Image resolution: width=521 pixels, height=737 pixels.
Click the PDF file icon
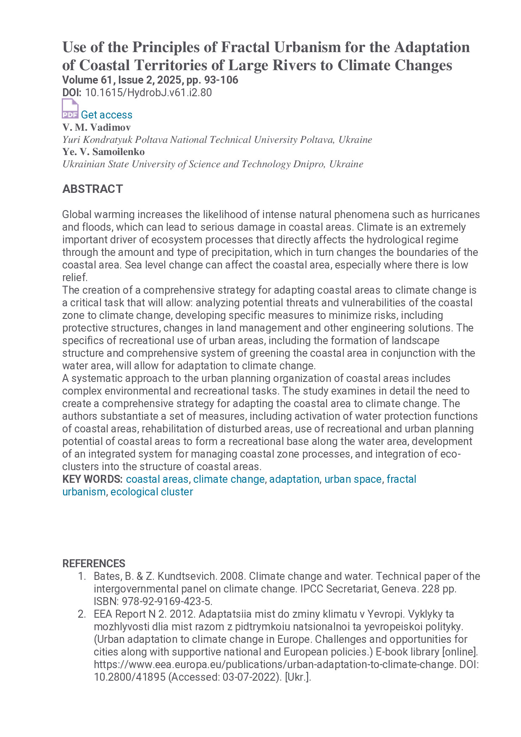[x=70, y=109]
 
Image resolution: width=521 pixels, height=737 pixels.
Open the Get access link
[x=106, y=115]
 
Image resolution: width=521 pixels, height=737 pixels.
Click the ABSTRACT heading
[x=92, y=189]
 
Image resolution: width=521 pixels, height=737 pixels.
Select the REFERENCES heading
[x=94, y=563]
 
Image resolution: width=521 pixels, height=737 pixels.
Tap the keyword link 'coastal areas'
[x=157, y=479]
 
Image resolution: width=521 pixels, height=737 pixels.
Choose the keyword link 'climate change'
[x=229, y=479]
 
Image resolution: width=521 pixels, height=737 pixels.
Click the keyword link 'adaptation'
[x=294, y=479]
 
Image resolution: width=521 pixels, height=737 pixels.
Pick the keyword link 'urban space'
[x=353, y=479]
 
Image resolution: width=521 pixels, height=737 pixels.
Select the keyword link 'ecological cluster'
[x=152, y=492]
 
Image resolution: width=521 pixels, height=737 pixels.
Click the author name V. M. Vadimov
[x=97, y=127]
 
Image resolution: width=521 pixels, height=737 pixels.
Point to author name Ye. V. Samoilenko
[x=103, y=152]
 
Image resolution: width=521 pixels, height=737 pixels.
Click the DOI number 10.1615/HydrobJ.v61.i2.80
[x=148, y=93]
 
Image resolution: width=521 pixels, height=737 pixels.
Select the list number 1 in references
[x=82, y=576]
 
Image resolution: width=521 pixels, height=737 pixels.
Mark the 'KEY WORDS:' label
[x=92, y=479]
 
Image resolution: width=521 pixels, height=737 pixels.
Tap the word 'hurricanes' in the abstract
[x=456, y=214]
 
